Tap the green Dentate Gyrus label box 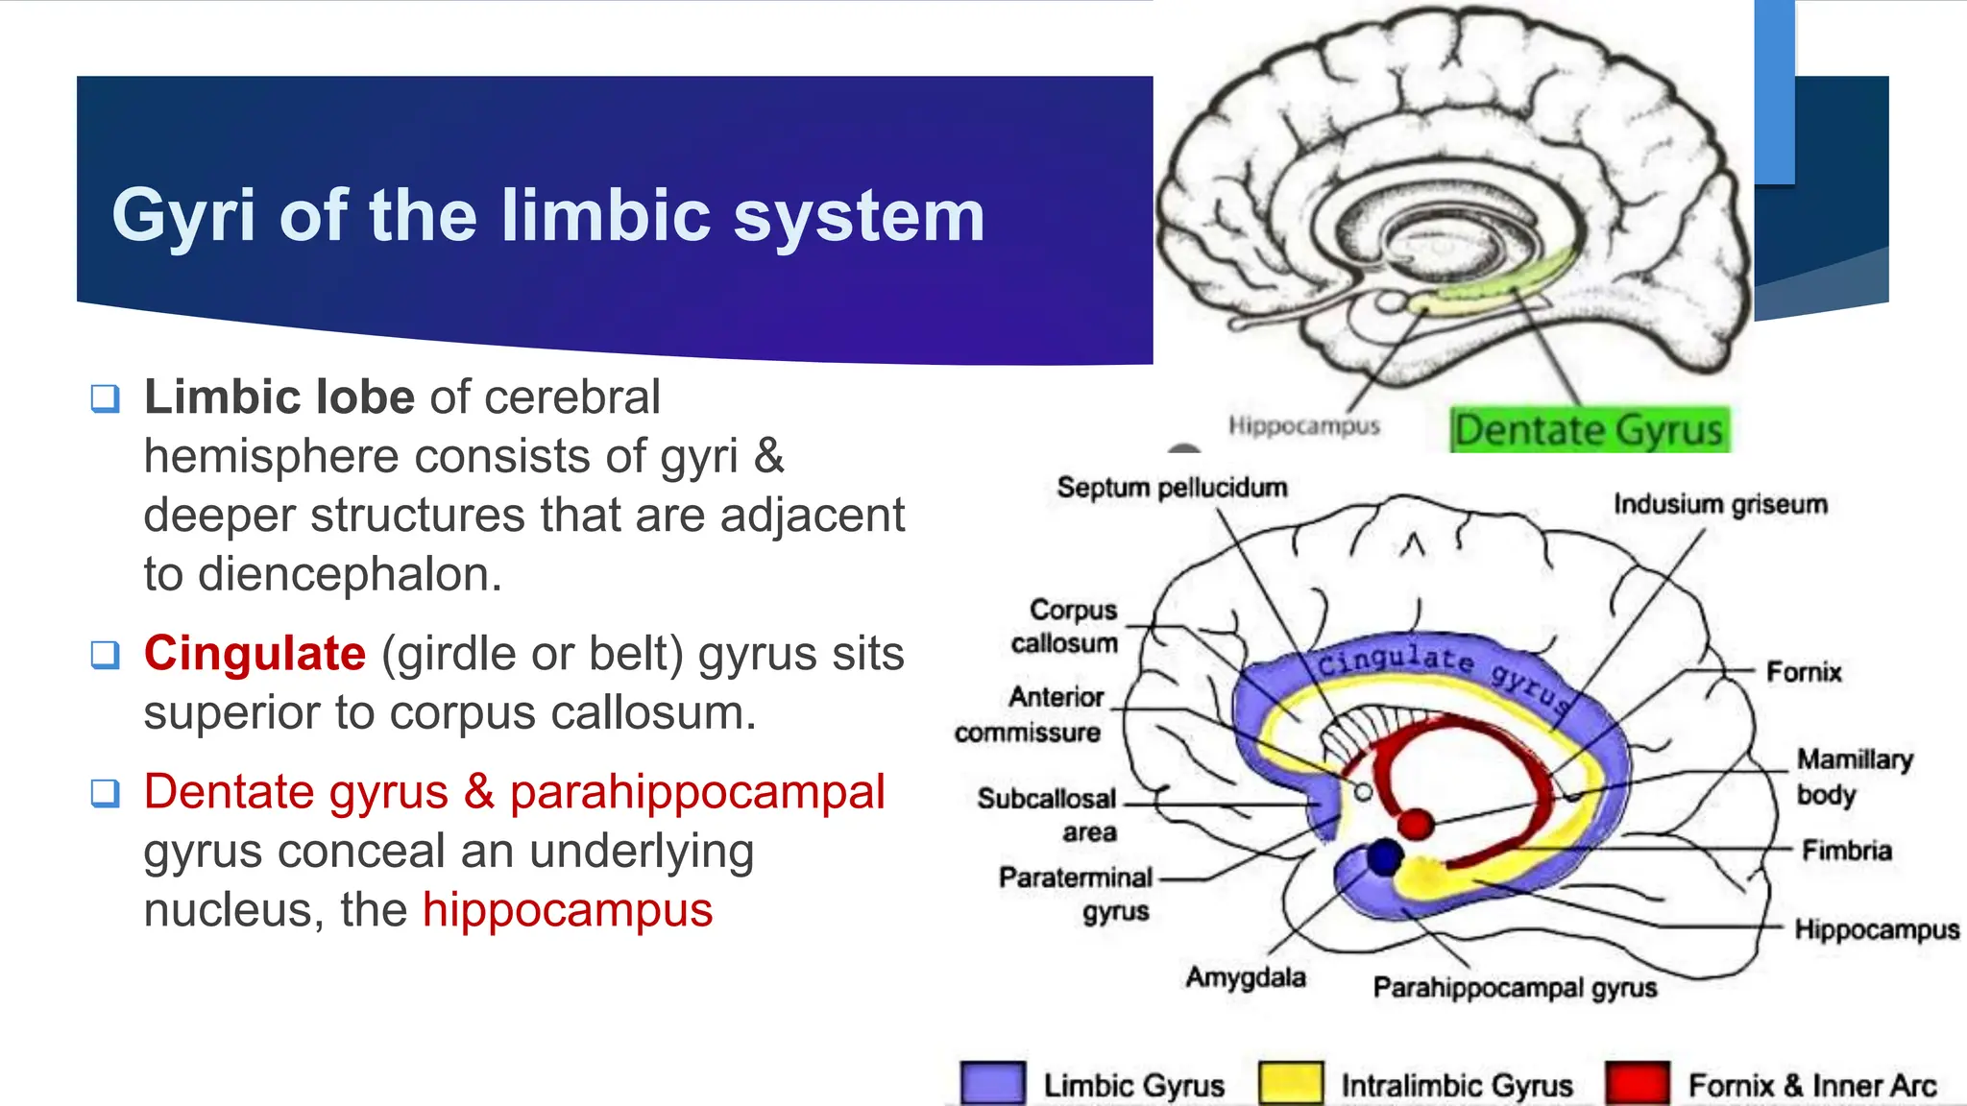(1589, 430)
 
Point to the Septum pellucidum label (1172, 488)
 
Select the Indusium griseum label (1720, 505)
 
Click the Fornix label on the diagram (1804, 672)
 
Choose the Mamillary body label (1854, 777)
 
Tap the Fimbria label (1846, 851)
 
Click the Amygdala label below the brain (1246, 977)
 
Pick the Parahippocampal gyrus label (1515, 988)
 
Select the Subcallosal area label (1047, 815)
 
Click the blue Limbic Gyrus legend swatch (992, 1084)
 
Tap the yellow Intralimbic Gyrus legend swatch (1290, 1084)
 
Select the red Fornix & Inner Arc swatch (1637, 1084)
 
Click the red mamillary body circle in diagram (1415, 824)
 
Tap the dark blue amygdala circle (1384, 856)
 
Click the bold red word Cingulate (255, 654)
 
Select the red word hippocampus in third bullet (567, 910)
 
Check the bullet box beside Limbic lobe (105, 398)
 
